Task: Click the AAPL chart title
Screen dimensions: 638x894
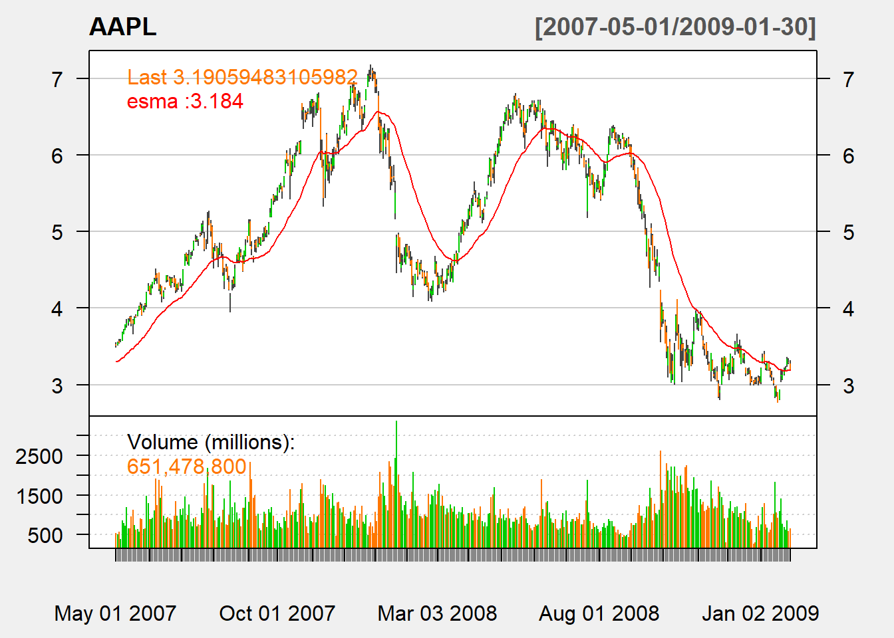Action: pyautogui.click(x=122, y=27)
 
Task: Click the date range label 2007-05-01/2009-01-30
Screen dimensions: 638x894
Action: pyautogui.click(x=675, y=27)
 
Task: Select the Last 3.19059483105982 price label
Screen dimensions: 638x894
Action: pyautogui.click(x=242, y=77)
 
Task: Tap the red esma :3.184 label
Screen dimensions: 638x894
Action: pyautogui.click(x=185, y=102)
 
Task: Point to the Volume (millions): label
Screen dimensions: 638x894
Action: pyautogui.click(x=210, y=442)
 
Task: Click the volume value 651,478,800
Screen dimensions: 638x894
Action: pyautogui.click(x=187, y=467)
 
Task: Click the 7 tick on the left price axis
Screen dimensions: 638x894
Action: pyautogui.click(x=58, y=79)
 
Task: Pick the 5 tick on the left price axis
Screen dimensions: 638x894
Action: pyautogui.click(x=58, y=232)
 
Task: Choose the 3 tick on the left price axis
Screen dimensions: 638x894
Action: pyautogui.click(x=58, y=385)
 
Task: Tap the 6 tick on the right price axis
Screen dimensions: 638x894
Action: pyautogui.click(x=848, y=156)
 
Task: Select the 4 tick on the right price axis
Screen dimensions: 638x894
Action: pyautogui.click(x=848, y=309)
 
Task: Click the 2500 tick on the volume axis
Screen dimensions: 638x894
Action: pyautogui.click(x=39, y=457)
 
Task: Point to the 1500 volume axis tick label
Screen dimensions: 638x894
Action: pyautogui.click(x=39, y=496)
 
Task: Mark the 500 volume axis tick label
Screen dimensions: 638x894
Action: pyautogui.click(x=45, y=535)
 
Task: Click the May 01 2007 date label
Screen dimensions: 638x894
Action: pyautogui.click(x=115, y=613)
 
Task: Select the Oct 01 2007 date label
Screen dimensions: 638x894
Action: pyautogui.click(x=277, y=613)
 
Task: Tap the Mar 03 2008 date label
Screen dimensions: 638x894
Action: pyautogui.click(x=437, y=613)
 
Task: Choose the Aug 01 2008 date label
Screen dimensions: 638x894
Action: pyautogui.click(x=599, y=613)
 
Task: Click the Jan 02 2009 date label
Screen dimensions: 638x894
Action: pyautogui.click(x=760, y=613)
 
